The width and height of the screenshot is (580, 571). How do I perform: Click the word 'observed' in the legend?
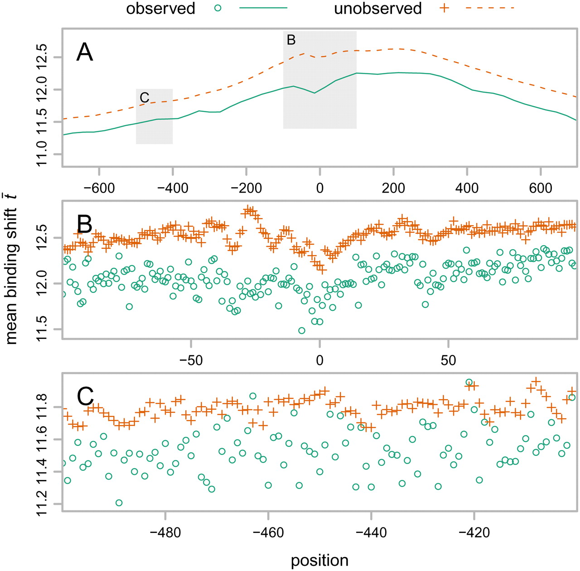click(160, 9)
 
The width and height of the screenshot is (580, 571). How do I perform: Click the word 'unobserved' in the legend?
click(378, 9)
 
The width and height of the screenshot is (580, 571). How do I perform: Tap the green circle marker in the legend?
click(218, 8)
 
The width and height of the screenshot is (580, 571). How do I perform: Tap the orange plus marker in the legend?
click(445, 8)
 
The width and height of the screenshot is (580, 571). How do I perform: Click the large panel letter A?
click(85, 53)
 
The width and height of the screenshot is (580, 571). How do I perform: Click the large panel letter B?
click(85, 224)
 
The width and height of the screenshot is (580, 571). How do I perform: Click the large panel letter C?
click(85, 397)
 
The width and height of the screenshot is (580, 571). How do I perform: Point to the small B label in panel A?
click(291, 40)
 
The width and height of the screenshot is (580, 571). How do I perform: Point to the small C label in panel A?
click(145, 97)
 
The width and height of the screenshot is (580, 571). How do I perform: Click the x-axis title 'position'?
click(319, 561)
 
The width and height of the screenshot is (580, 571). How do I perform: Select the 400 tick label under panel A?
click(467, 188)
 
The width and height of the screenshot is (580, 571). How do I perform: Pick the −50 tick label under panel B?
click(191, 361)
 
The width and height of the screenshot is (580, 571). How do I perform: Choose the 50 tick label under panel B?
click(448, 361)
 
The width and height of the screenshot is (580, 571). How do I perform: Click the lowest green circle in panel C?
click(119, 503)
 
